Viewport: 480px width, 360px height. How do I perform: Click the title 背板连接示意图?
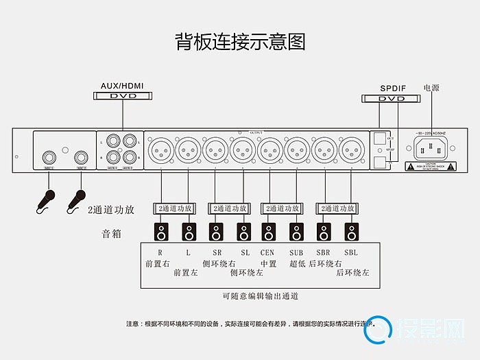coord(240,42)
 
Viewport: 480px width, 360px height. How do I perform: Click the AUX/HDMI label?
coord(123,86)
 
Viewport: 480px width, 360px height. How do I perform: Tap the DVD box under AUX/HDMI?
coord(123,96)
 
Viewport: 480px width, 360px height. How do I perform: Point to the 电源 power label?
coord(431,88)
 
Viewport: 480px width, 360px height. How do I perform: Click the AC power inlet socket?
coord(430,147)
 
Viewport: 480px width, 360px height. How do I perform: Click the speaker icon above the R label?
coord(161,231)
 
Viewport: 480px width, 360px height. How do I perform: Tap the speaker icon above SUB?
coord(297,231)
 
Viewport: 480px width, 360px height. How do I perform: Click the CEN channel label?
coord(268,252)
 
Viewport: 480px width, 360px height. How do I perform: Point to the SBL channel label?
coord(351,252)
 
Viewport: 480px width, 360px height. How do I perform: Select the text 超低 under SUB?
coord(297,263)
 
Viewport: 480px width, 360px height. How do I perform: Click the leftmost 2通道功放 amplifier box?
coord(174,208)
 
